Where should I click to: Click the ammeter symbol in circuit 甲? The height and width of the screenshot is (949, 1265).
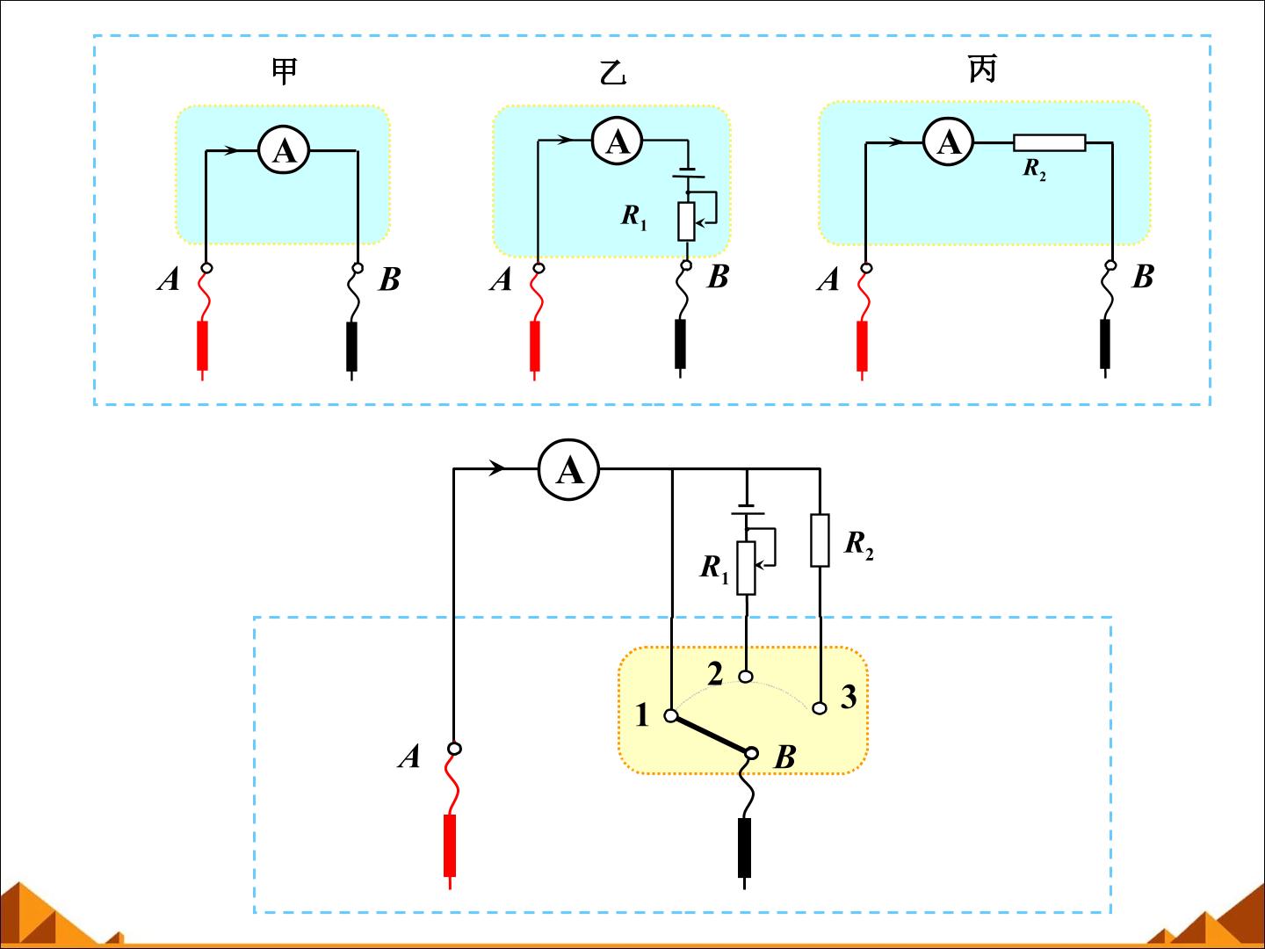(284, 151)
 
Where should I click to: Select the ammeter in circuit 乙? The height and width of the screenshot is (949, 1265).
(618, 141)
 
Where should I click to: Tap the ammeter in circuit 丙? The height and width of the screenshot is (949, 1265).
(949, 141)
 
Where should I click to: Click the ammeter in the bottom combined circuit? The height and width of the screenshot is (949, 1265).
(569, 469)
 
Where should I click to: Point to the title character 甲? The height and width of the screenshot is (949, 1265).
(284, 71)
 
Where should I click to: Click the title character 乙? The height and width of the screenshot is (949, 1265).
(612, 73)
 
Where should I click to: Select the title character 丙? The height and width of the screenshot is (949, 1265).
(982, 69)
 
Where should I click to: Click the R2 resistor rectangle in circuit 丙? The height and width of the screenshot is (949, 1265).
(1050, 143)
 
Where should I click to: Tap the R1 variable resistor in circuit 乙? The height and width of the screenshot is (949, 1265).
(686, 221)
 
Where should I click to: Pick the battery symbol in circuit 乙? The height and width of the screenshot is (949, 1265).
(688, 173)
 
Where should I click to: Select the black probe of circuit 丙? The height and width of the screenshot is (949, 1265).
(1105, 348)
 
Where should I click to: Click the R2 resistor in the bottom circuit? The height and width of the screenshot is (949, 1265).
(820, 540)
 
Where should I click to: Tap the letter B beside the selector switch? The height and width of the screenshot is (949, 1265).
(785, 757)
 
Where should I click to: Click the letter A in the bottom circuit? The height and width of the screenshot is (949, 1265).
(409, 757)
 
